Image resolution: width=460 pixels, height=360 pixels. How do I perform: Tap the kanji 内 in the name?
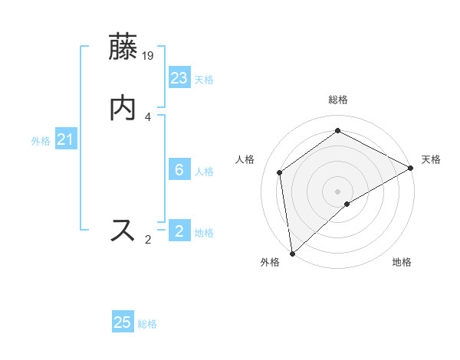coord(124,107)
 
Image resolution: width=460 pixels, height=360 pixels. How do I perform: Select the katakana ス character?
coord(124,230)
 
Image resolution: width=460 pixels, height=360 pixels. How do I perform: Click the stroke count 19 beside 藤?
coord(149,55)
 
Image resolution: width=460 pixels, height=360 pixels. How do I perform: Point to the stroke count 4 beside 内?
coord(148,116)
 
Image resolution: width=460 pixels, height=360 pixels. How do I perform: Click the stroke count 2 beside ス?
coord(148,240)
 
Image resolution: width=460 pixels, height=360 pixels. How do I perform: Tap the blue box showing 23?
coord(179,79)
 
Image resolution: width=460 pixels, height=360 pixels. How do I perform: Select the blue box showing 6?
coord(179,170)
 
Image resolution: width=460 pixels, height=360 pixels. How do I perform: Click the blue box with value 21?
coord(66,140)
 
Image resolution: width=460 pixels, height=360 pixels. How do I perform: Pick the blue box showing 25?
coord(123,322)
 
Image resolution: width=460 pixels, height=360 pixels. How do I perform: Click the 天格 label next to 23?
coord(204,80)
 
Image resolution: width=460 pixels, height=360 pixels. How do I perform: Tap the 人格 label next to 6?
coord(204,171)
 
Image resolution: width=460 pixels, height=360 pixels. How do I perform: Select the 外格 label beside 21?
coord(41,141)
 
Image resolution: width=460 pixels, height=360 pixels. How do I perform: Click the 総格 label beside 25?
coord(147,324)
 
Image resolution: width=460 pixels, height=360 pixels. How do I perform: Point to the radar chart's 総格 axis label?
coord(338,100)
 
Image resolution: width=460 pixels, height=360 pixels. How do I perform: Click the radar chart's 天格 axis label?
coord(431,159)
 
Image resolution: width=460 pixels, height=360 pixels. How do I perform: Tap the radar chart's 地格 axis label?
coord(402,262)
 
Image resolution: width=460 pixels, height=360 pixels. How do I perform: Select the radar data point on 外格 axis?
coord(291,254)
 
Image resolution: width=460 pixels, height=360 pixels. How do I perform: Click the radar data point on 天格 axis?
coord(411,169)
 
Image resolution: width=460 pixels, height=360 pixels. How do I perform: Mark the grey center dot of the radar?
coord(337,191)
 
